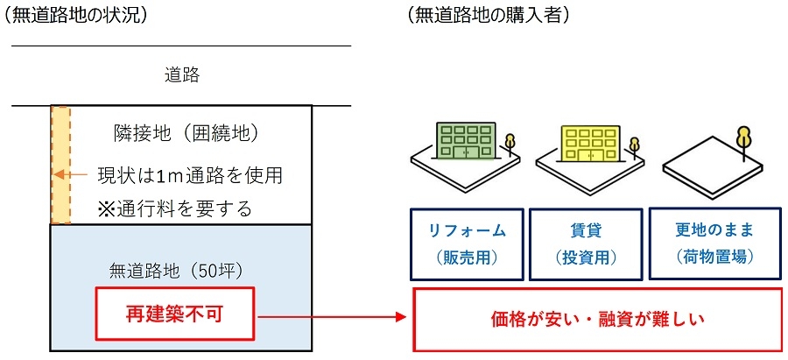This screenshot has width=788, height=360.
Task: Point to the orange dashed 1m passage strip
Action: [60, 165]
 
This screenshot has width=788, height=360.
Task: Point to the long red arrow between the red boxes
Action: [333, 315]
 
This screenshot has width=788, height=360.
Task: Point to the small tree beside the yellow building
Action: [633, 144]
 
